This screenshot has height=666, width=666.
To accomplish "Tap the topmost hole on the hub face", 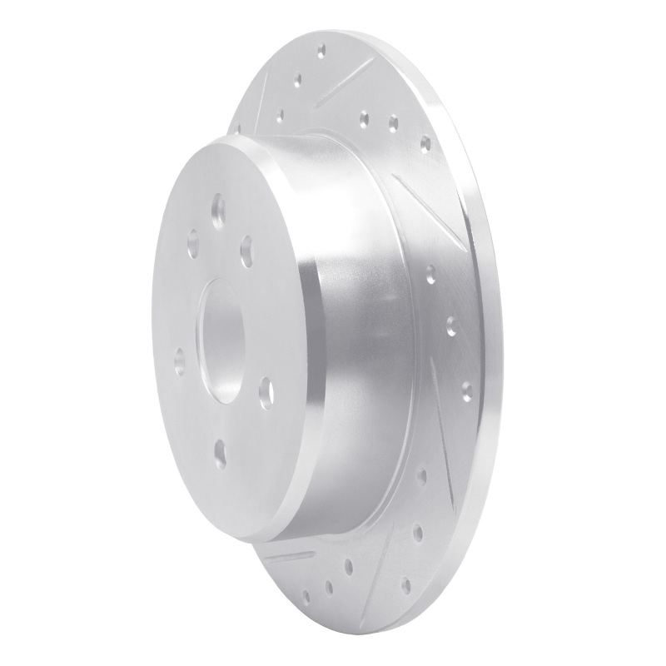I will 219,208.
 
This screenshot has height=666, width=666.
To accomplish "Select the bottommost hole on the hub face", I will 219,452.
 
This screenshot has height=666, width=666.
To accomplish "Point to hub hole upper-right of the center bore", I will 246,247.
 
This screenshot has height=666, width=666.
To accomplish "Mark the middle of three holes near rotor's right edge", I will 451,324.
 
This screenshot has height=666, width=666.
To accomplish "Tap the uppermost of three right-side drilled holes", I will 430,271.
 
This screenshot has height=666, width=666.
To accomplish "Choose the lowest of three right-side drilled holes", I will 465,389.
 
